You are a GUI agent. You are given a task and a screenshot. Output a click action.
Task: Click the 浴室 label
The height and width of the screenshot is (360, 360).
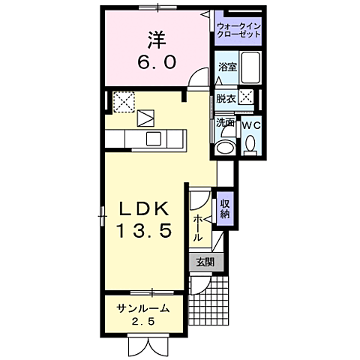coord(226,67)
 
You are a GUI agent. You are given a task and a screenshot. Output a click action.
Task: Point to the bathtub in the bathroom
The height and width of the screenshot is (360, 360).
coord(250,70)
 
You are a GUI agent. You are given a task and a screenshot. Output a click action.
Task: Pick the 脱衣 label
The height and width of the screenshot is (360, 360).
coord(226,98)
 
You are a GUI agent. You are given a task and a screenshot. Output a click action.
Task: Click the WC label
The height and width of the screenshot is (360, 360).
coord(250,124)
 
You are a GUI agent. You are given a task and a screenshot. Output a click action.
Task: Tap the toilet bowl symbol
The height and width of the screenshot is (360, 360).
coord(250,143)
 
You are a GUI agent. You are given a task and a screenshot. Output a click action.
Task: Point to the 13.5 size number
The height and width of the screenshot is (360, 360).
coord(148,232)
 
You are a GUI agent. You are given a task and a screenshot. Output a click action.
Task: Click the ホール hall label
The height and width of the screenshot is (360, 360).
coord(197,226)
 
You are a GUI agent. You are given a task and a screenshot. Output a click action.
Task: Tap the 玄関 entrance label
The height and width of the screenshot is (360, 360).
coord(205,262)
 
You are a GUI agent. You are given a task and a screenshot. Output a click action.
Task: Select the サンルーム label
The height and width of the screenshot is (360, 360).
coord(142,307)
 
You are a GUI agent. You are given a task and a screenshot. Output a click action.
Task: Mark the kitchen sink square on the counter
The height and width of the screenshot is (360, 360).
coord(154,138)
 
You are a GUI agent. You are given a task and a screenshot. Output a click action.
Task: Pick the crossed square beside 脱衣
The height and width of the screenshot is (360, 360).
coord(244,98)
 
